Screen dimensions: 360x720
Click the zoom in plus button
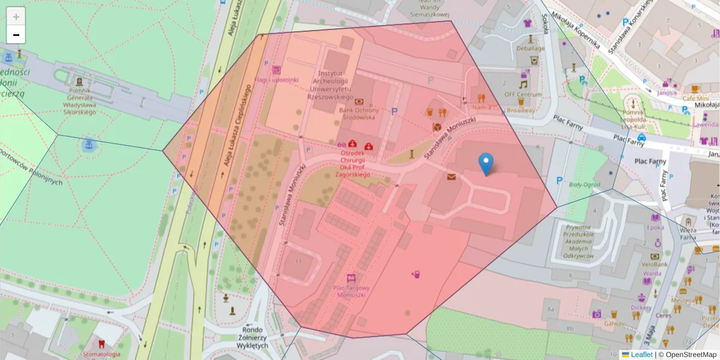tap(16, 16)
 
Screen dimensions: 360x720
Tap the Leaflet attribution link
tap(641, 355)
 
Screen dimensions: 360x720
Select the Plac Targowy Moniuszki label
tap(350, 291)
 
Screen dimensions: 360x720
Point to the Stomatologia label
tap(101, 354)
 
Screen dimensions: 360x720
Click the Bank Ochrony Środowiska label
tap(359, 113)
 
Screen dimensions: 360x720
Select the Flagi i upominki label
tap(275, 80)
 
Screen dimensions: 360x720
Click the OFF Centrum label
tap(522, 95)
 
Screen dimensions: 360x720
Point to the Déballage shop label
tap(530, 48)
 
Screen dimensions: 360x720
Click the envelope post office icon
tap(451, 176)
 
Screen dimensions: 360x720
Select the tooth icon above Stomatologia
tap(101, 344)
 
